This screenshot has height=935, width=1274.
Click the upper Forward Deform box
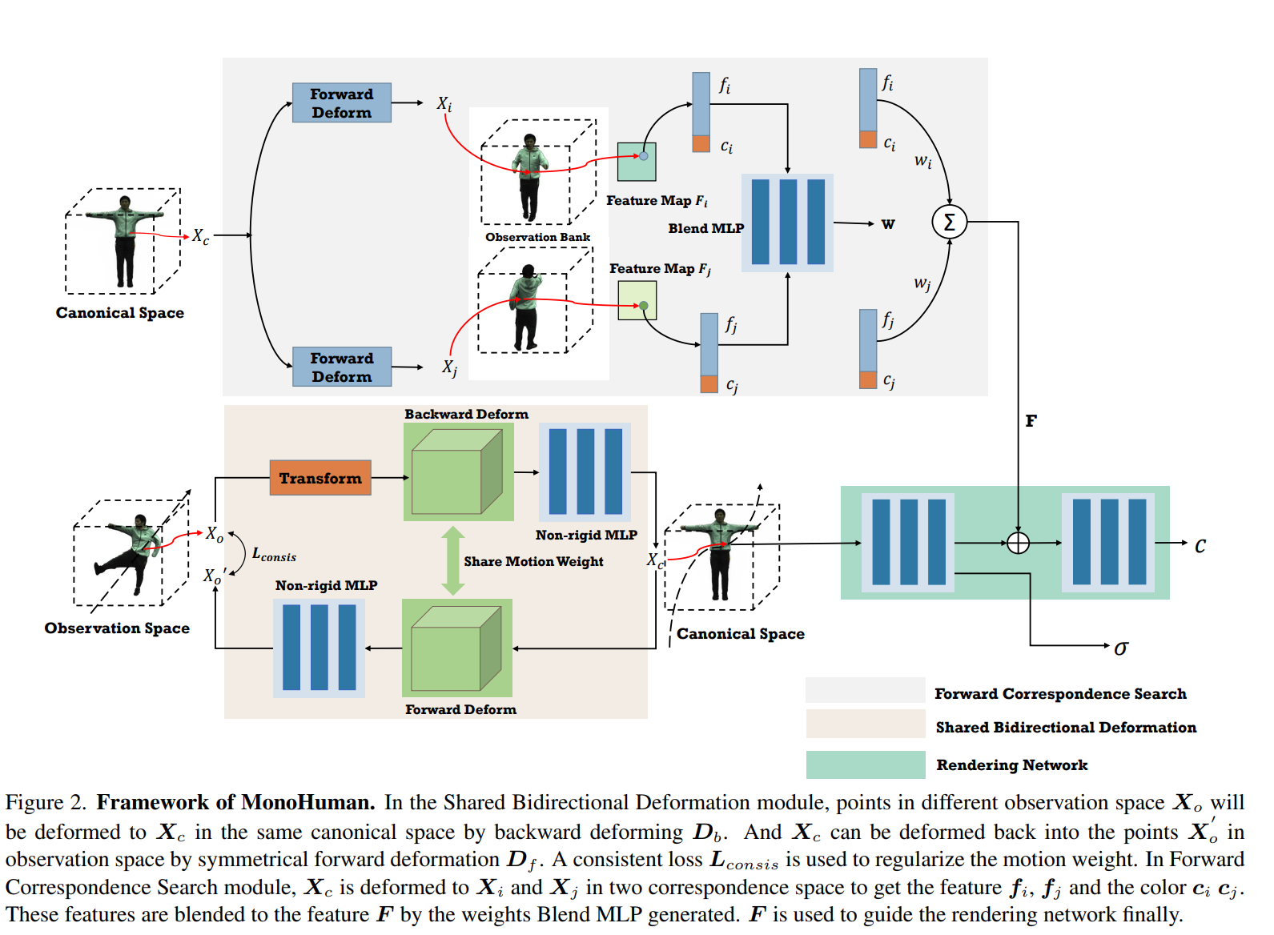341,102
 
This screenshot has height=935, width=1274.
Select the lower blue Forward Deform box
341,367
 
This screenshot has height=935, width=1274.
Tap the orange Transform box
320,478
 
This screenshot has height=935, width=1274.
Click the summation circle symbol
949,222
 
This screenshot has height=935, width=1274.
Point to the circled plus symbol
1018,543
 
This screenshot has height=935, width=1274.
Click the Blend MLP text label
705,228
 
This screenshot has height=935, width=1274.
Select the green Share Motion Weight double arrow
453,560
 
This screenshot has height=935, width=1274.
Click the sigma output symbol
1121,648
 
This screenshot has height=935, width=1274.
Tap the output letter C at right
1200,546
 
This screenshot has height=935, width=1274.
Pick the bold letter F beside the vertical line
1031,421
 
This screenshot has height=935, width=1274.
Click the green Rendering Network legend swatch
865,764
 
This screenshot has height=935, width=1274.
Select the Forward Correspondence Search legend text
1060,694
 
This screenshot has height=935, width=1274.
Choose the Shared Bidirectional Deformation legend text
1066,728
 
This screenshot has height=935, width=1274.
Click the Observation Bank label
537,237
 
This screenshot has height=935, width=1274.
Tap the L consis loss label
274,555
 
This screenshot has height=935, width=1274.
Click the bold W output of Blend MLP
888,224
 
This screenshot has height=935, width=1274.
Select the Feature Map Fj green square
637,301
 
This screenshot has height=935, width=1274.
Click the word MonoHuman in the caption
307,802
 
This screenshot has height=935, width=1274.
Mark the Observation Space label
117,628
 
